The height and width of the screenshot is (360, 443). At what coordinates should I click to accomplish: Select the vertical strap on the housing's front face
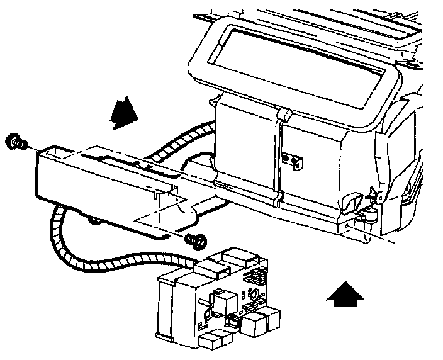278,157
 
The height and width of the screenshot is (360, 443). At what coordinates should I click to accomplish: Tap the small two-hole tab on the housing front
291,160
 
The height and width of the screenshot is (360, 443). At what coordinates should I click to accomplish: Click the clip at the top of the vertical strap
283,115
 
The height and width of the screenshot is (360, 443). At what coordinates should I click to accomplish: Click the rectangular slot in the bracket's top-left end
54,152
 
